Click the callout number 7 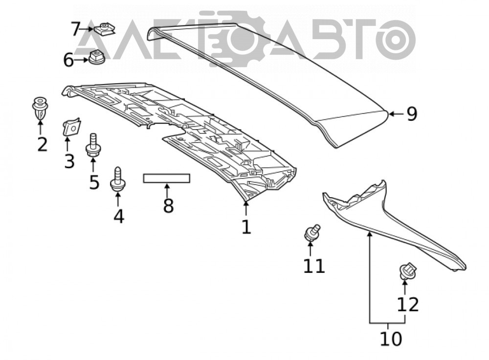(76, 29)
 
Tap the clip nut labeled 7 (105, 29)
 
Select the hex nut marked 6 (97, 57)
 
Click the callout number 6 (68, 60)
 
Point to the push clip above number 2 (40, 108)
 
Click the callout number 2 (43, 144)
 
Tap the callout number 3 (69, 161)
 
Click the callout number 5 (94, 182)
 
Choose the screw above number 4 (118, 180)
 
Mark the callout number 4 (118, 216)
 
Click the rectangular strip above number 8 (167, 178)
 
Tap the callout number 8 (168, 205)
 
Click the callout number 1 (246, 227)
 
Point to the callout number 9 (412, 114)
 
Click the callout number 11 (314, 266)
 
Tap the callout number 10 (391, 339)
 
